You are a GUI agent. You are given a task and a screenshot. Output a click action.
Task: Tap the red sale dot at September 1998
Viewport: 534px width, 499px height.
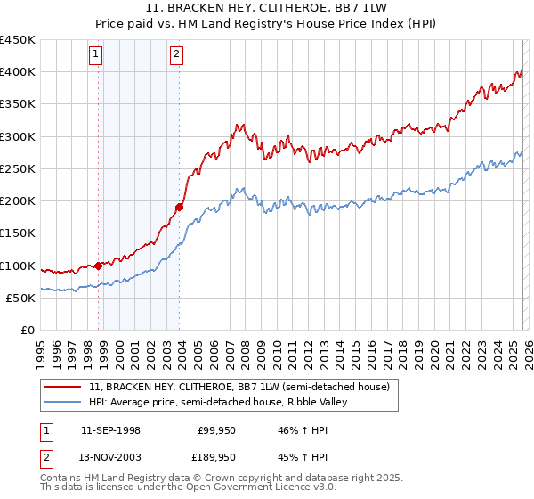98,265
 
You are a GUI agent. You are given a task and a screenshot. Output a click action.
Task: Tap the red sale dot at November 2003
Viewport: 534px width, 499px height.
179,207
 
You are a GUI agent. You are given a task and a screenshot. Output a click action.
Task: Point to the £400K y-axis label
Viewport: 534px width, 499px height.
17,72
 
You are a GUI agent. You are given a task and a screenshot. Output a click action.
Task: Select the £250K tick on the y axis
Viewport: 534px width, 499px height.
17,168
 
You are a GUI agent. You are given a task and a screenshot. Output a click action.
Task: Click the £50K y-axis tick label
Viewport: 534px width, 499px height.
20,298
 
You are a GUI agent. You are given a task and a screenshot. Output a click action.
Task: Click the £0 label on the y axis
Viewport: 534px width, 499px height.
27,330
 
